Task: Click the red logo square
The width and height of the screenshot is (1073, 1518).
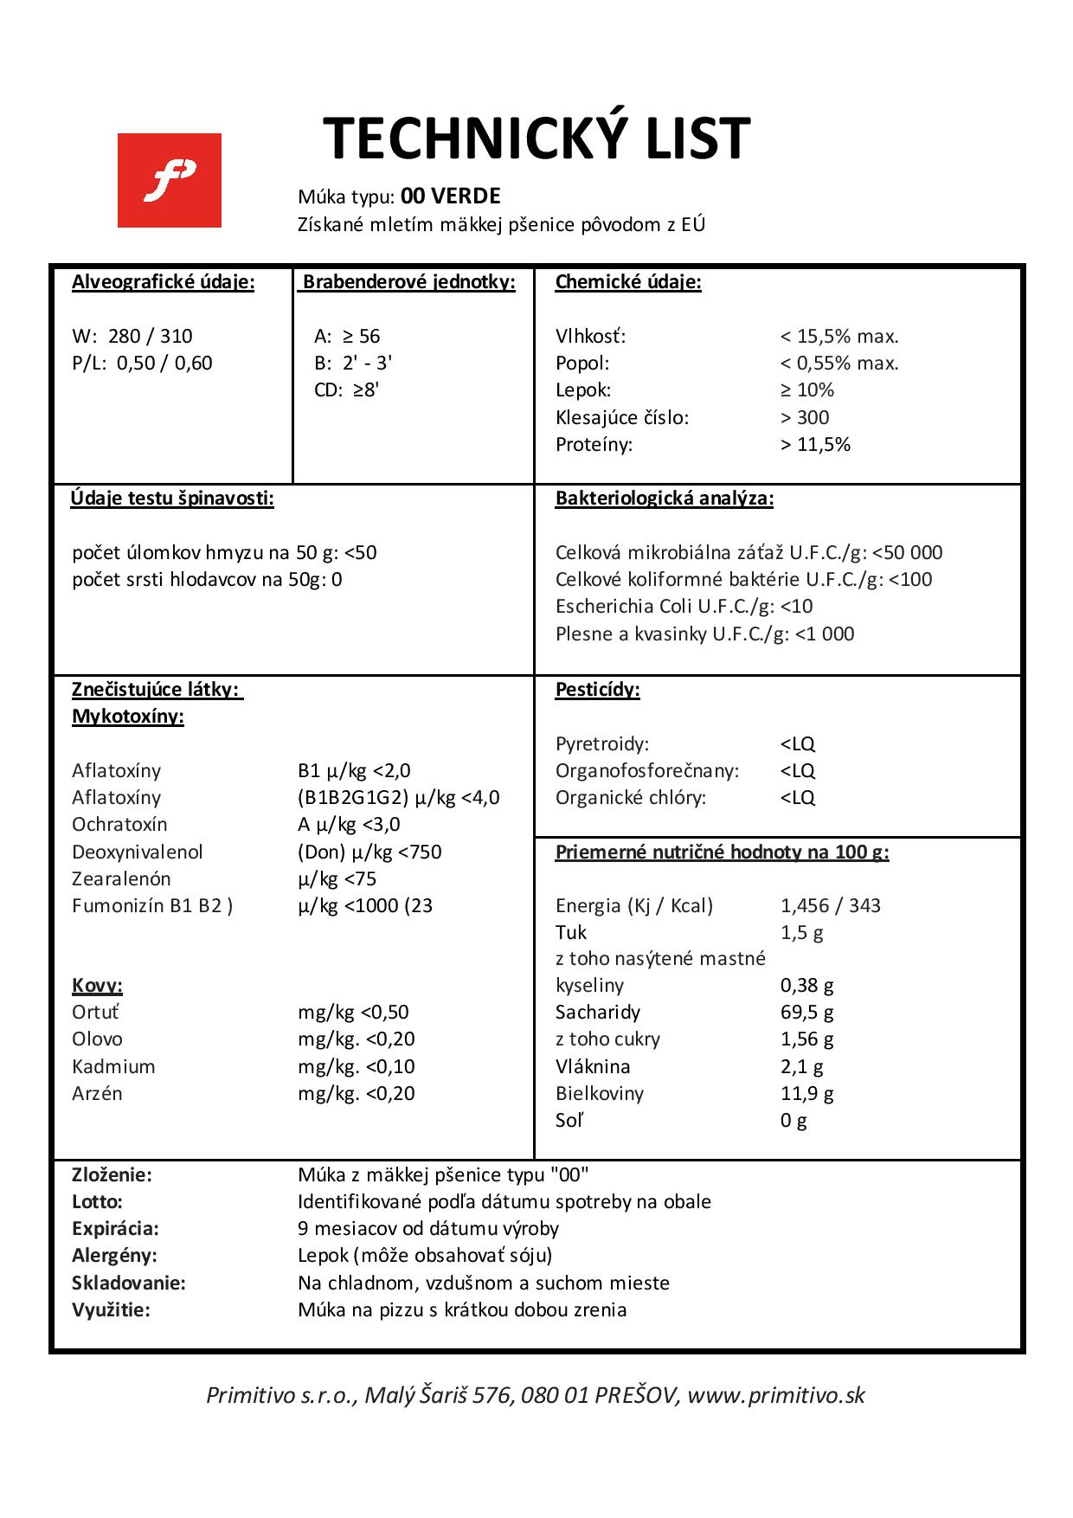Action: (x=169, y=180)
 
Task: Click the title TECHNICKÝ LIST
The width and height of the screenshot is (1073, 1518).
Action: (x=536, y=138)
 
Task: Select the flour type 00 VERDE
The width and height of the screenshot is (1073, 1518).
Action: (x=450, y=196)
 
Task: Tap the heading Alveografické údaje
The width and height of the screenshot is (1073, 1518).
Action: (x=163, y=282)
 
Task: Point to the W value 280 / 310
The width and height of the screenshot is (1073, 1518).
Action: (x=151, y=336)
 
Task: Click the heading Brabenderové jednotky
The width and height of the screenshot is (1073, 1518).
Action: (x=408, y=282)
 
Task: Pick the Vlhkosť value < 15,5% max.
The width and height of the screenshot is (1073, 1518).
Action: (x=838, y=336)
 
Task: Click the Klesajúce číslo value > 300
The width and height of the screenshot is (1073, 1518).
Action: (x=805, y=417)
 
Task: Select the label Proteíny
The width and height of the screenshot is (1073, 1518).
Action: (x=594, y=444)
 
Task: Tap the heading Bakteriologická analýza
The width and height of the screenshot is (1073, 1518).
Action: (x=664, y=498)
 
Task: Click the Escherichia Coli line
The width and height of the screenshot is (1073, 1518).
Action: (x=684, y=606)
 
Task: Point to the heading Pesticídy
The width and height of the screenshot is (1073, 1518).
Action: (x=597, y=690)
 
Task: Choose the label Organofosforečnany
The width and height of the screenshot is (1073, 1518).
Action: (x=646, y=770)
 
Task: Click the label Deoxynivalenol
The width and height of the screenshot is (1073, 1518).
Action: (x=138, y=852)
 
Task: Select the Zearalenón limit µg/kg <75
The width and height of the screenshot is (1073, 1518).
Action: (x=337, y=878)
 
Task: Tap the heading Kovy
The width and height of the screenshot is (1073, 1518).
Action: (x=97, y=985)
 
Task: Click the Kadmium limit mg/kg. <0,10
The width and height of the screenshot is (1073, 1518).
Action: (x=356, y=1066)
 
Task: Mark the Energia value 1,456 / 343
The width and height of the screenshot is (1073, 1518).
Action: (x=830, y=905)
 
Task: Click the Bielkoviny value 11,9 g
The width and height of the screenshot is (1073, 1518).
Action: (x=806, y=1093)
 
